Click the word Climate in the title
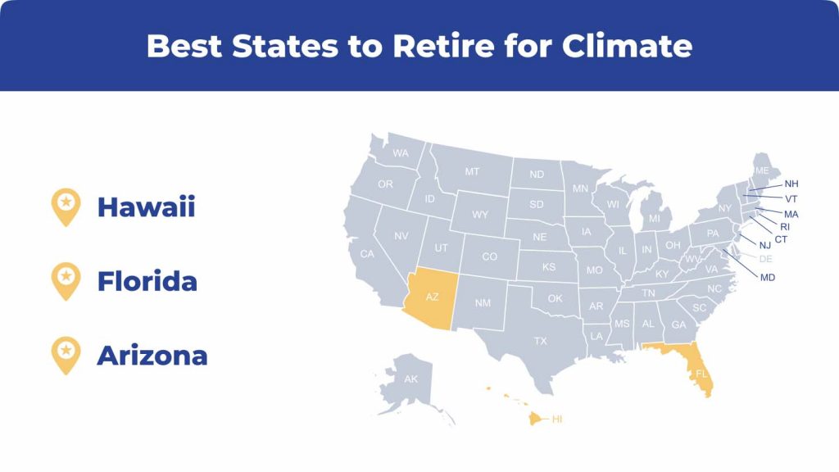(x=627, y=46)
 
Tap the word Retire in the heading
(x=443, y=46)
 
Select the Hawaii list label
(x=146, y=207)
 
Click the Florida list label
(x=147, y=282)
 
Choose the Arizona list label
(x=152, y=356)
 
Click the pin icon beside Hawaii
(x=66, y=207)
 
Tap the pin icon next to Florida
(x=66, y=282)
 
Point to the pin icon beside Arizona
(x=66, y=356)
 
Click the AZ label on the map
(x=432, y=297)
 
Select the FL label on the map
(x=701, y=374)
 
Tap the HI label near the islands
(x=557, y=419)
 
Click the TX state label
(x=541, y=341)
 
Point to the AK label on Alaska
(x=411, y=379)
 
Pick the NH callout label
(x=791, y=184)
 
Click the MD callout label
(x=768, y=278)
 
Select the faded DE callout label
(x=766, y=259)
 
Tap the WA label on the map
(x=401, y=153)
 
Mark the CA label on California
(x=367, y=254)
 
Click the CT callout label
(x=781, y=240)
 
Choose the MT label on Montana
(x=472, y=172)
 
